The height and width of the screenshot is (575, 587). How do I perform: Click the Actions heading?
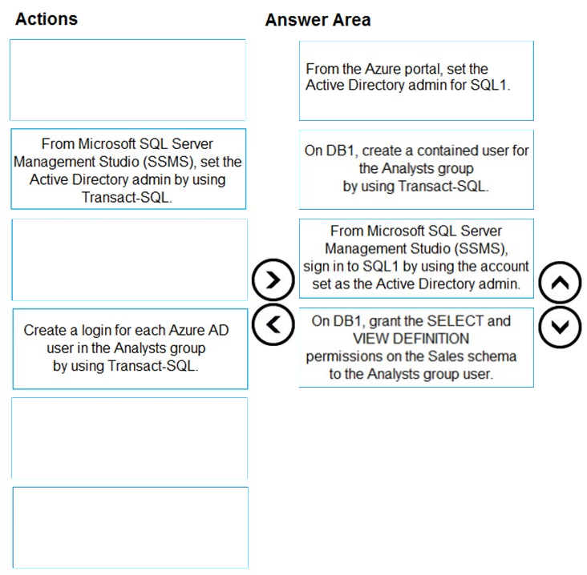(x=47, y=19)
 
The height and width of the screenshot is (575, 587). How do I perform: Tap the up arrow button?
(x=560, y=283)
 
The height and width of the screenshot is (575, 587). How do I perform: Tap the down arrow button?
(x=560, y=327)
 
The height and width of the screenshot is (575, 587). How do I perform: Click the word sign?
(x=315, y=267)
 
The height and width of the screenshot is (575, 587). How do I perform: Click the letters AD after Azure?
(x=220, y=330)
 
